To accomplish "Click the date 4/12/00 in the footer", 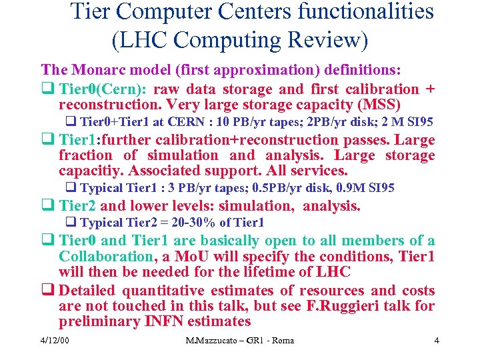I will tap(55, 341).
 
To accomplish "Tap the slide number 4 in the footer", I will tap(436, 341).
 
